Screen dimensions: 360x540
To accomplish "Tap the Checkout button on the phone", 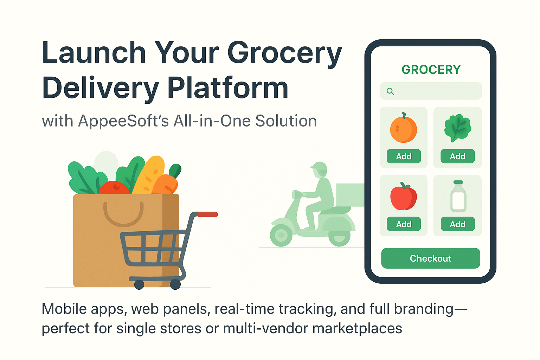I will click(x=430, y=258).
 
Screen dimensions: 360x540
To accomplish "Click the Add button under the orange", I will click(x=404, y=156).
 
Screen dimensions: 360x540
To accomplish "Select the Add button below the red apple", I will click(x=404, y=224).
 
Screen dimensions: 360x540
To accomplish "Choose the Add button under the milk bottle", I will click(x=457, y=224).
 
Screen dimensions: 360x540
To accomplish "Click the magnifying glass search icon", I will click(x=390, y=91).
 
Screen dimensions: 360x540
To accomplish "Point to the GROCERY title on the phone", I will click(x=431, y=70).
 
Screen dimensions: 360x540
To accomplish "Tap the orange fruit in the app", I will click(x=404, y=129).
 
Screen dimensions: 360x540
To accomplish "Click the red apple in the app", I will click(x=403, y=197).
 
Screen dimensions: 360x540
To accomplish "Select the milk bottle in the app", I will click(x=458, y=197).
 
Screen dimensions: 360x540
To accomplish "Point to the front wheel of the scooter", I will click(x=281, y=234).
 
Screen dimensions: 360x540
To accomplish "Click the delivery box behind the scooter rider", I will click(x=350, y=195).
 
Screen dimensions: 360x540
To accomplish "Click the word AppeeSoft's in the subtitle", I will click(x=123, y=121).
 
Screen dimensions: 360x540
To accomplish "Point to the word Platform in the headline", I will click(x=228, y=88).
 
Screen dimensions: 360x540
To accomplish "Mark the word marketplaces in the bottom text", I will click(x=357, y=328).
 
